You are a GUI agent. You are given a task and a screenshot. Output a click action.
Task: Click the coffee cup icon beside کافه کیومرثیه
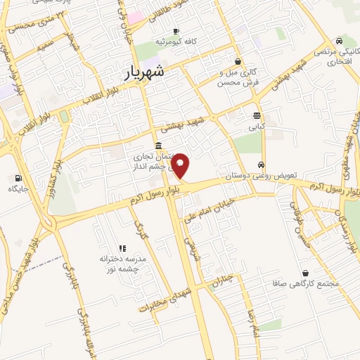(x=176, y=31)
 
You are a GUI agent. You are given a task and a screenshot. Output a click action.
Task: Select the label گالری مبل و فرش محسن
(x=235, y=77)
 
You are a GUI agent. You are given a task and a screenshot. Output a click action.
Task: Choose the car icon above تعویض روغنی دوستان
(x=262, y=165)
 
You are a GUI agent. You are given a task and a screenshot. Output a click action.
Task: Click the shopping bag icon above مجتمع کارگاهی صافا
(x=305, y=273)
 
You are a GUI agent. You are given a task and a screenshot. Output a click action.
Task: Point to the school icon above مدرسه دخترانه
(x=122, y=247)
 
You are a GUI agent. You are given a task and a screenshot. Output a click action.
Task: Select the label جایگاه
(x=18, y=189)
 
